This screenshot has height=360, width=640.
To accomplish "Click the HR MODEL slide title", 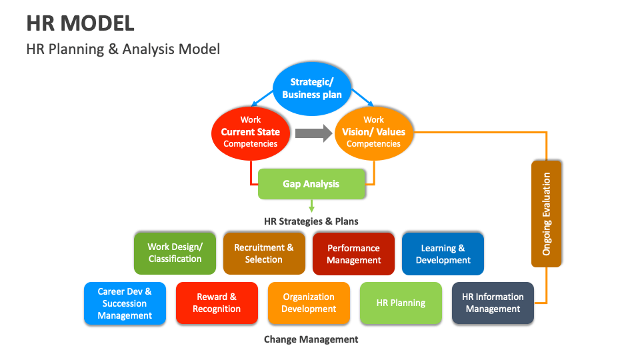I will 80,23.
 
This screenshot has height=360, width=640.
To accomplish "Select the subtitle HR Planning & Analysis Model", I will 123,49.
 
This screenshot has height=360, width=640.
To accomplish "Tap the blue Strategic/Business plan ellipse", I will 311,88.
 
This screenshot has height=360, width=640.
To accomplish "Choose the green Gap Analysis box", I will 311,184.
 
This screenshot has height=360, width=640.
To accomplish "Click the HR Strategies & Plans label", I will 311,221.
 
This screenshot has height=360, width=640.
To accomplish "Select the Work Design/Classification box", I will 175,253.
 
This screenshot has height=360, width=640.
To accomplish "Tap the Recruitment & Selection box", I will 263,253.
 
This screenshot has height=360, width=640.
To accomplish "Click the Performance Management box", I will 353,253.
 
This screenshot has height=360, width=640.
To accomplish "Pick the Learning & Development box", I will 443,253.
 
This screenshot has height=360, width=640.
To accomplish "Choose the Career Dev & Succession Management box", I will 125,303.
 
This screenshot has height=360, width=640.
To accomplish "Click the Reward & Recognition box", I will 217,303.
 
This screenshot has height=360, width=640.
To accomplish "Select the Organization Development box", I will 309,303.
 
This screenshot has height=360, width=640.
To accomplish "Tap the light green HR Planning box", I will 401,303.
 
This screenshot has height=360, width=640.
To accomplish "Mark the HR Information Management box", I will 493,303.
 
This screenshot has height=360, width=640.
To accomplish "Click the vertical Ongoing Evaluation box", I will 547,213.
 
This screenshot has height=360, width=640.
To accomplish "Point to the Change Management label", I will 311,339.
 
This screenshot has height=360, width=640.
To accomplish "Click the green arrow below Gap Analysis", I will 311,207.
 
